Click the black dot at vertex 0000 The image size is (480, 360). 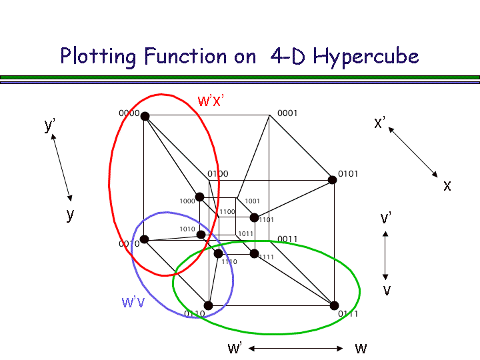[145, 116]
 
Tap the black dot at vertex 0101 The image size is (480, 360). [332, 180]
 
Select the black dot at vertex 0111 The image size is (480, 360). [334, 305]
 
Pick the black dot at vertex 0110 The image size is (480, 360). [208, 305]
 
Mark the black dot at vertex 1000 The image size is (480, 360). [199, 197]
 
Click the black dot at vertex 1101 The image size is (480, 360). [254, 217]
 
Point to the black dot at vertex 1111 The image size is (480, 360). [254, 253]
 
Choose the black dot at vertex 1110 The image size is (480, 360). [218, 253]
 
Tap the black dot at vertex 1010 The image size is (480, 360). [201, 234]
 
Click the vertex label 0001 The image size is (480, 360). [287, 113]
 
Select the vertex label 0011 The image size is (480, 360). [287, 239]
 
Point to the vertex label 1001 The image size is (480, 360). [252, 201]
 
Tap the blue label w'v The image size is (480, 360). [134, 301]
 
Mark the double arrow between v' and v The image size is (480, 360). [385, 255]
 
